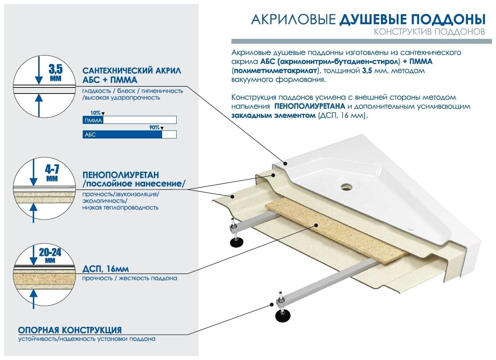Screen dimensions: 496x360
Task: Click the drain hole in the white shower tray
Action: point(346,187)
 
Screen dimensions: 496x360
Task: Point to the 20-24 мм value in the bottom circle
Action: point(50,253)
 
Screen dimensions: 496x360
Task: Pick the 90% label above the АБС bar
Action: point(154,128)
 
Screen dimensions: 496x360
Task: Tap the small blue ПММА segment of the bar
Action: point(93,120)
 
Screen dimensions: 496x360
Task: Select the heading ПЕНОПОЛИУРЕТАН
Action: point(120,175)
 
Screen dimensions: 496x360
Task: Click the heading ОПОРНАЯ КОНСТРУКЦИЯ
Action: point(69,330)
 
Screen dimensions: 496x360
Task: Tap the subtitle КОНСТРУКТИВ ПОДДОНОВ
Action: point(429,32)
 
